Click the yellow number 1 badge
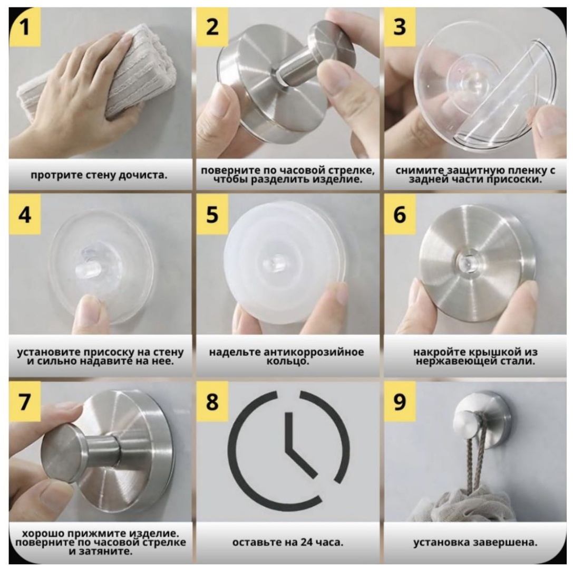coord(24,27)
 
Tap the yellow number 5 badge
coord(212,214)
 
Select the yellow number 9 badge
coord(400,402)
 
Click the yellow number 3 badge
coord(400,27)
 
